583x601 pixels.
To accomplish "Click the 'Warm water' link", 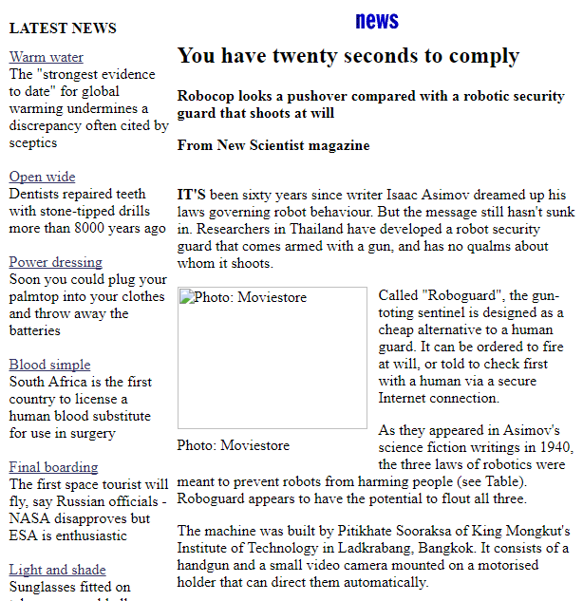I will [46, 57].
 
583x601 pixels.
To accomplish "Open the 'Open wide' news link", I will [42, 177].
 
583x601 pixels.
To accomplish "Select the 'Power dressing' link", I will [55, 262].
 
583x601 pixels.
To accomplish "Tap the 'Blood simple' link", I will [49, 365].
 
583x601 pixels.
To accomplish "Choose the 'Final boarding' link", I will [53, 467].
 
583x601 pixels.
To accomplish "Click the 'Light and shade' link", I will [57, 570].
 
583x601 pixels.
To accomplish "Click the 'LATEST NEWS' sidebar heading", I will [63, 28].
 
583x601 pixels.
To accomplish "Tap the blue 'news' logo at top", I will [377, 21].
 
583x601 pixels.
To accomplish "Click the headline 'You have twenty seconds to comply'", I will [348, 56].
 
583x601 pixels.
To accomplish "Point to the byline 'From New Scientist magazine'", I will [273, 145].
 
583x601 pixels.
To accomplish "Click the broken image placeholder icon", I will [186, 297].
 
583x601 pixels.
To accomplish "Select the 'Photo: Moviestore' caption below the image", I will [234, 445].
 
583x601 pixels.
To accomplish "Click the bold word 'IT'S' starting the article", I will [192, 195].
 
